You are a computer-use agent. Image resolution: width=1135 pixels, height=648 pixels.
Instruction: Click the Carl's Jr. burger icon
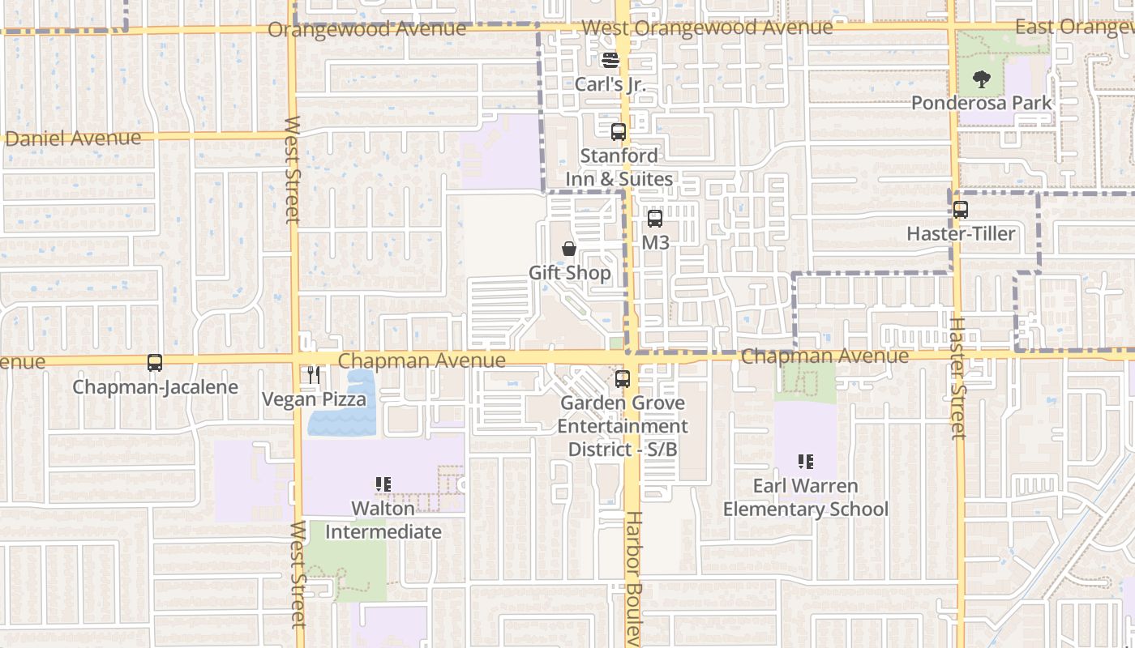(610, 60)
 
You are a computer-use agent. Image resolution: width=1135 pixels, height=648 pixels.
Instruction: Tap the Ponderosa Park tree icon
(981, 79)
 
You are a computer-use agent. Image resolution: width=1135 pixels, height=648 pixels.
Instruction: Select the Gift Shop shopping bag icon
(569, 249)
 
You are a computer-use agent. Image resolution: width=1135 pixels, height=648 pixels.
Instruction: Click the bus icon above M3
(654, 218)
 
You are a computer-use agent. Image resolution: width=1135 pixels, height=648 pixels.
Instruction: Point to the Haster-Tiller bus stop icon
(960, 210)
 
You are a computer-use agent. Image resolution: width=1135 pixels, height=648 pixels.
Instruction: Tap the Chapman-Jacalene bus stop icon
(155, 363)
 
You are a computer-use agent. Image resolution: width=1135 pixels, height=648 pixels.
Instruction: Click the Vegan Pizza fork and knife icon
(314, 375)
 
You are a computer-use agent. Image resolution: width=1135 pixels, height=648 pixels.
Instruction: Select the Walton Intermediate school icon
(383, 484)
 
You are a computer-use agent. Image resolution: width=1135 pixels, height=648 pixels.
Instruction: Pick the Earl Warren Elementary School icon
(805, 462)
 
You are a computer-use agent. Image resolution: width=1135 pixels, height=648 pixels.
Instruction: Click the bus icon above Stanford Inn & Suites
(618, 131)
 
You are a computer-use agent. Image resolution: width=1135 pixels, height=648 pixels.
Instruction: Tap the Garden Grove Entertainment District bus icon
(622, 378)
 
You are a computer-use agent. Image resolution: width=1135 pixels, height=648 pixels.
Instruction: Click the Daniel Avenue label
(73, 139)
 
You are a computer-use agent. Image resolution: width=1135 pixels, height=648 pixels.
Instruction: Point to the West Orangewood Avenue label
(707, 28)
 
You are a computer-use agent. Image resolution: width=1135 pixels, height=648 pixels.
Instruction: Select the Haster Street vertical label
(957, 377)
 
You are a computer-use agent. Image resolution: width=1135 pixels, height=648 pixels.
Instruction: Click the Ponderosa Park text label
(982, 103)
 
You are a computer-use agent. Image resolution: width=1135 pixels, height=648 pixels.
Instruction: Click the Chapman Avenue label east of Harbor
(824, 356)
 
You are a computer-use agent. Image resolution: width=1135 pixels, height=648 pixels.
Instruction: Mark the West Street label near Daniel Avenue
(292, 169)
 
